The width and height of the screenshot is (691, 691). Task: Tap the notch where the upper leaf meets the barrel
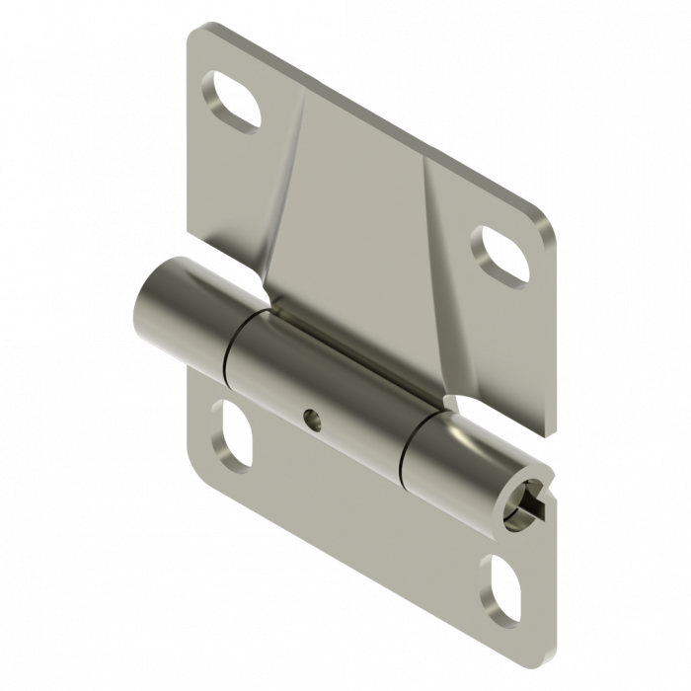pyautogui.click(x=452, y=403)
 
